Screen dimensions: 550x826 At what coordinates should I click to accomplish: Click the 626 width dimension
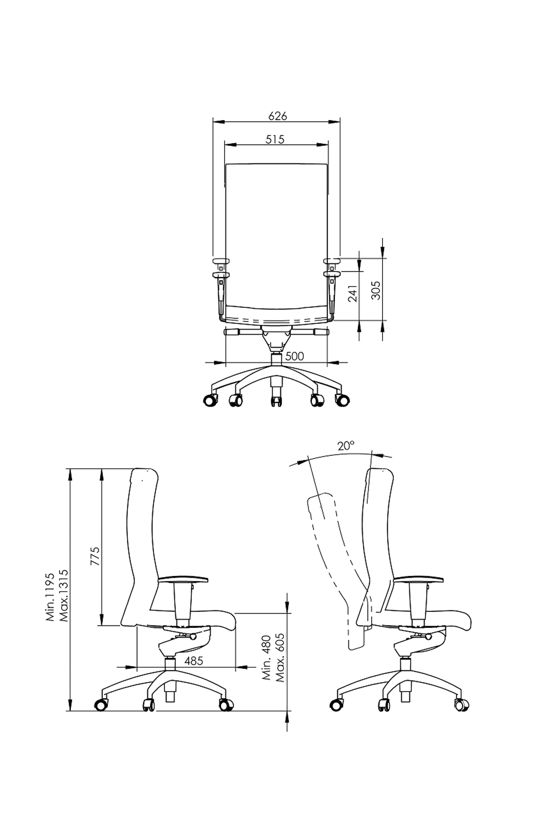(x=277, y=116)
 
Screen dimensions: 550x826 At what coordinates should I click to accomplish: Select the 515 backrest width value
(x=275, y=139)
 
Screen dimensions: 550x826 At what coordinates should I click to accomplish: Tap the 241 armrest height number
(x=353, y=293)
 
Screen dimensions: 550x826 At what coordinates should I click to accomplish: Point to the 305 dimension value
(x=376, y=290)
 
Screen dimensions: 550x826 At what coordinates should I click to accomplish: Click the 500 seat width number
(x=295, y=356)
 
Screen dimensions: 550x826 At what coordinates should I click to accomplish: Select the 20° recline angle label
(x=346, y=446)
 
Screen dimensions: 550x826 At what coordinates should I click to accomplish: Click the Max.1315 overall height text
(x=63, y=595)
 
